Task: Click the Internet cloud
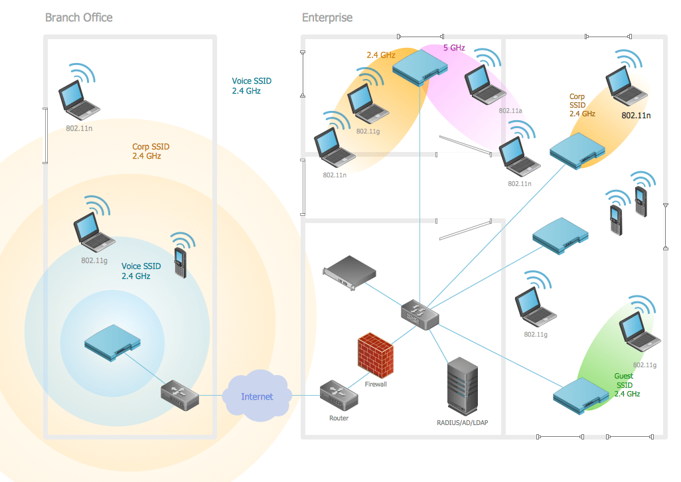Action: [x=257, y=395]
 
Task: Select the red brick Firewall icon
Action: [x=376, y=355]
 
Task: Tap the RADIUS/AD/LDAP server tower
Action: [x=463, y=386]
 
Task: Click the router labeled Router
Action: [x=339, y=396]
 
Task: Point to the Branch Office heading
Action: [x=78, y=17]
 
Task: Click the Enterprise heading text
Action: [x=327, y=17]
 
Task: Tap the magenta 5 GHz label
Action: [x=454, y=48]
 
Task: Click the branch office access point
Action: [x=112, y=343]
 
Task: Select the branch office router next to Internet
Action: [x=180, y=396]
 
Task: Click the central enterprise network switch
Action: [x=419, y=315]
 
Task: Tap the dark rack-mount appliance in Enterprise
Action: [x=349, y=273]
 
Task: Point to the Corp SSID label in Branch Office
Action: [x=151, y=151]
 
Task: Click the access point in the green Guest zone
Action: [x=581, y=396]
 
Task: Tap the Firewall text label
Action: [x=376, y=384]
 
